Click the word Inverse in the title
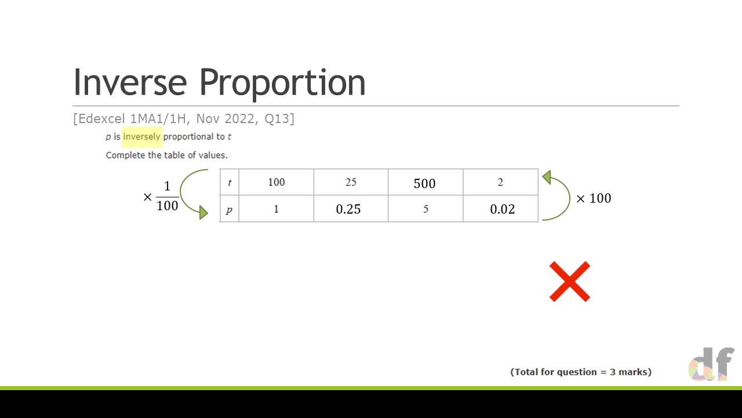130,82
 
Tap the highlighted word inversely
142,136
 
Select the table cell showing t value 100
277,182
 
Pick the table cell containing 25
351,182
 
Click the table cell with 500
425,182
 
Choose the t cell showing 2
500,182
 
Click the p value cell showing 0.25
351,208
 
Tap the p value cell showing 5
425,208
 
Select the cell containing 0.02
500,208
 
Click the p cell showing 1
277,208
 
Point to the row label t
229,182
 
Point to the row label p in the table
229,208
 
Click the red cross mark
570,282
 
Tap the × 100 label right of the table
594,199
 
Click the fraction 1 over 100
168,196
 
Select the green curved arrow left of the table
181,192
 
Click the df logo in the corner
711,364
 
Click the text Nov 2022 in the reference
225,119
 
